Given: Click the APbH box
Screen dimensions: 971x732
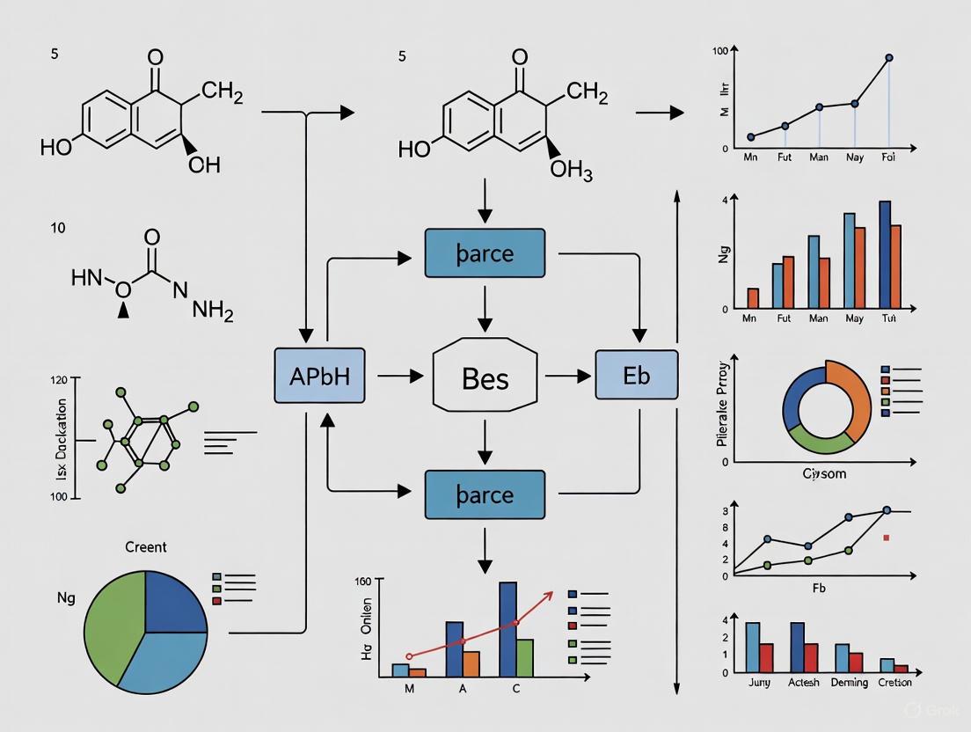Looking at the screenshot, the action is click(x=319, y=376).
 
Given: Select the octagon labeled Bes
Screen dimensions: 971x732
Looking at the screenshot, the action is click(x=485, y=378).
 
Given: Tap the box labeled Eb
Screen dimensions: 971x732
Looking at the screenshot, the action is click(x=636, y=376).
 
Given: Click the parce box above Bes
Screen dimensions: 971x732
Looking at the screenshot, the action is click(x=485, y=254).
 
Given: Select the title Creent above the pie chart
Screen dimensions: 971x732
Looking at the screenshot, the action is click(x=145, y=547).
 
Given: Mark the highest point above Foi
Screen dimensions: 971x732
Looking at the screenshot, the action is click(x=889, y=58).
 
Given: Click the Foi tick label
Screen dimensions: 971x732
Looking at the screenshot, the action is click(x=888, y=159).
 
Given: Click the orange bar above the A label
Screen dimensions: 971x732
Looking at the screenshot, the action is click(x=471, y=663).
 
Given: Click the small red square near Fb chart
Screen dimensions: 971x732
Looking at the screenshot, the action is click(x=887, y=537).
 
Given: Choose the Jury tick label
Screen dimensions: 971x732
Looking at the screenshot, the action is click(x=758, y=683).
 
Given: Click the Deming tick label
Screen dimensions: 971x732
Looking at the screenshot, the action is click(x=849, y=683).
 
